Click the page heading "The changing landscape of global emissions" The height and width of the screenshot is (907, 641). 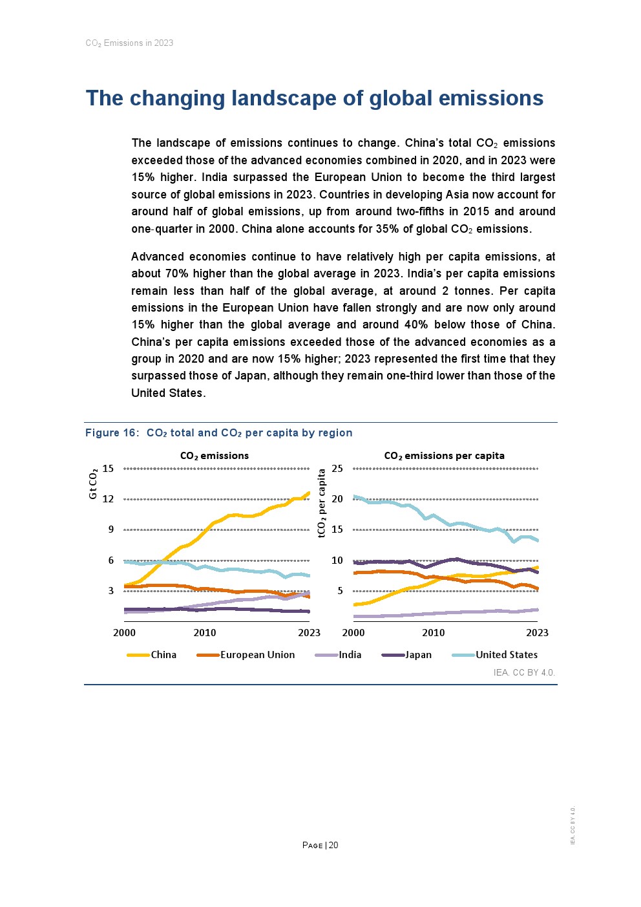click(x=315, y=98)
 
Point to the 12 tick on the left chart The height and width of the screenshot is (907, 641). click(x=108, y=499)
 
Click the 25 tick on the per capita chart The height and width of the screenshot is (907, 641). click(x=337, y=469)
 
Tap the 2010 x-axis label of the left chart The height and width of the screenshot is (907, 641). click(x=205, y=633)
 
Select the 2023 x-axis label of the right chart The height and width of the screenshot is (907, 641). click(x=537, y=633)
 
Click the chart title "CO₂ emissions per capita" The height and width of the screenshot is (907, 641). click(x=444, y=456)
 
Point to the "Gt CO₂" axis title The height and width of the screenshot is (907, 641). click(x=93, y=484)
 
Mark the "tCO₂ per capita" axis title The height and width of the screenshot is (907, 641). click(x=322, y=504)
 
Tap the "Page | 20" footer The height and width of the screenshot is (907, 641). click(x=320, y=846)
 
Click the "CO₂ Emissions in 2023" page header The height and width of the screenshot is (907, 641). click(x=129, y=43)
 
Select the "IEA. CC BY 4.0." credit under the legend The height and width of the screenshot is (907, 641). click(x=524, y=672)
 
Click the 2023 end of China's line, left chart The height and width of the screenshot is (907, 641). click(x=308, y=493)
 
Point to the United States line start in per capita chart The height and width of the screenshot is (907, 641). click(x=355, y=496)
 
